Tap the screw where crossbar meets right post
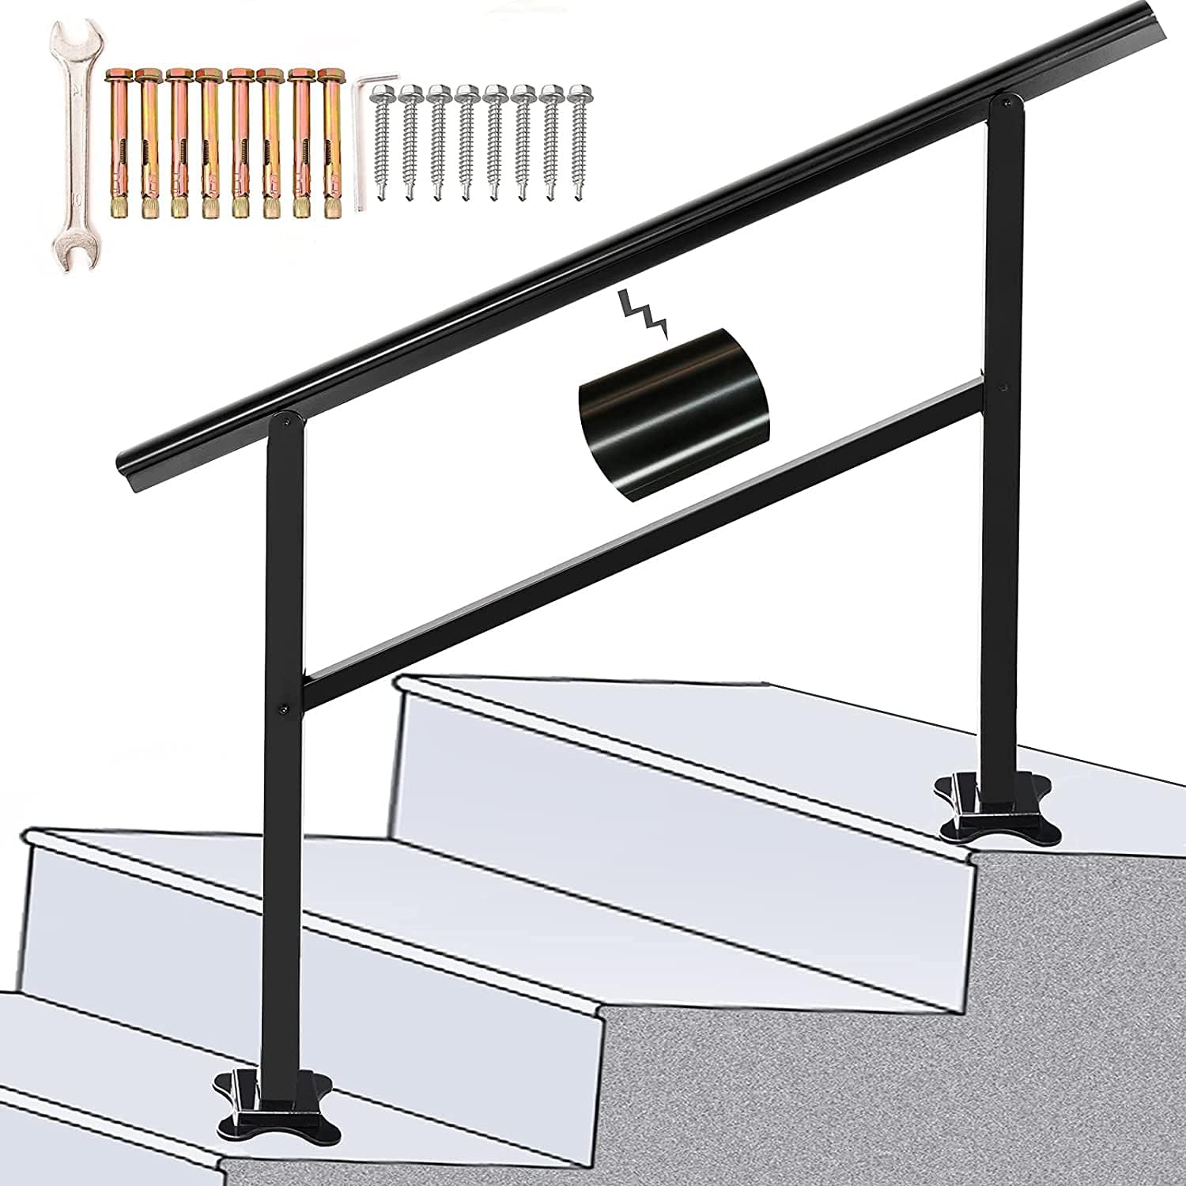1003,389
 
